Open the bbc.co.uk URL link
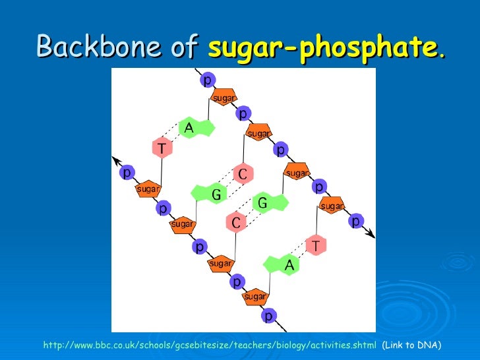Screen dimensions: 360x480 pos(210,345)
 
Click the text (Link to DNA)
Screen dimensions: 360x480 pos(411,345)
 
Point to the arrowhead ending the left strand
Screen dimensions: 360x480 pos(116,160)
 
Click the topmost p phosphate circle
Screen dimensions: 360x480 pos(206,80)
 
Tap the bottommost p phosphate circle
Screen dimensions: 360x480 pos(268,316)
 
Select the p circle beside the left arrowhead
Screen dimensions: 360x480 pos(126,173)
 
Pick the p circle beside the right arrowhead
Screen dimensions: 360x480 pos(355,220)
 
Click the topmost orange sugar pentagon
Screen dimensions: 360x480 pos(224,98)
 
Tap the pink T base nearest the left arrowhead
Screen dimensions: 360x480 pos(162,147)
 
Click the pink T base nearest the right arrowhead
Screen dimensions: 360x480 pos(316,245)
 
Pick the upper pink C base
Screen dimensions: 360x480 pos(243,174)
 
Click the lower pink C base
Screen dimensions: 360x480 pos(236,222)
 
